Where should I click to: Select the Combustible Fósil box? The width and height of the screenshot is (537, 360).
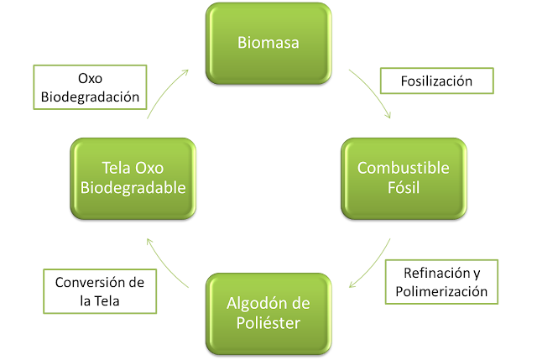[x=404, y=177]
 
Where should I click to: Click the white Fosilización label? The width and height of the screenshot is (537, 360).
[x=435, y=81]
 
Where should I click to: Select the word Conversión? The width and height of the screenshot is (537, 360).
[x=80, y=281]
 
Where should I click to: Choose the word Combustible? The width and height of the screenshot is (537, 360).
[x=404, y=168]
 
